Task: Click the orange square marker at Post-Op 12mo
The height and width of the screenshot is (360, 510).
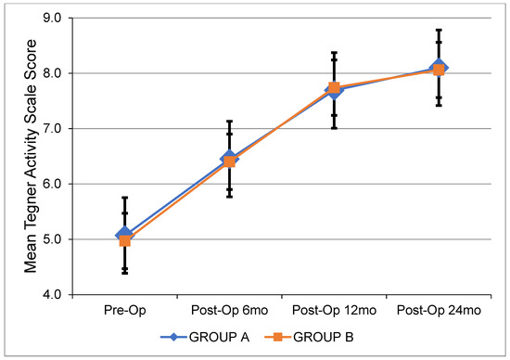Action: [x=334, y=88]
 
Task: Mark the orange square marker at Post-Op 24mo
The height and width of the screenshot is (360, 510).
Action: [x=438, y=70]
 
